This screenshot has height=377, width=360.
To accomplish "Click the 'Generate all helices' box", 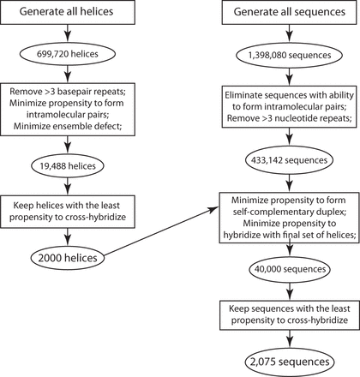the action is click(68, 12).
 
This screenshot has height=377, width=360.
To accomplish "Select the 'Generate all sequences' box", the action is click(290, 12).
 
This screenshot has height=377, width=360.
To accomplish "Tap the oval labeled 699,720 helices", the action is click(68, 54).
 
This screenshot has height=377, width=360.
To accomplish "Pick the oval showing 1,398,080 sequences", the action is click(290, 55).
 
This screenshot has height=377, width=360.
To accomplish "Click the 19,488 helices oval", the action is click(68, 166).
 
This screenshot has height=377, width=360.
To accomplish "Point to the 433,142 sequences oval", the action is click(290, 160).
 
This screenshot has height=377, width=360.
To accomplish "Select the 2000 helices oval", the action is click(68, 258).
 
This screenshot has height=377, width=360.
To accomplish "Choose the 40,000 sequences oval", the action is click(290, 269).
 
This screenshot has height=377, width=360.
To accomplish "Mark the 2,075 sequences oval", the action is click(290, 362).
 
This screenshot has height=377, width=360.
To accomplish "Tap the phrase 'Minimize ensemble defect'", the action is click(68, 126).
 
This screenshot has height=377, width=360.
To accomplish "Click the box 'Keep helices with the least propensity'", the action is click(68, 212).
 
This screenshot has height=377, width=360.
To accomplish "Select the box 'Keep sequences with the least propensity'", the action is click(290, 314).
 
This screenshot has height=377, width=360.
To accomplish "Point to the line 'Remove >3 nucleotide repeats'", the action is click(289, 118).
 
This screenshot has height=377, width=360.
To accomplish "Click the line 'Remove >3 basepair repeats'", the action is click(68, 92).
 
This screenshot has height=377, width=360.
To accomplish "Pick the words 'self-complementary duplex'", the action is click(290, 212).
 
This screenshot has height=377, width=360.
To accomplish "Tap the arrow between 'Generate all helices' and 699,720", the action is click(68, 33).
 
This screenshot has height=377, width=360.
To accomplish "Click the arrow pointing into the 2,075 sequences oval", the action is click(290, 339).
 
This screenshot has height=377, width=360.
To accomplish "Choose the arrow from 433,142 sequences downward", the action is click(290, 181).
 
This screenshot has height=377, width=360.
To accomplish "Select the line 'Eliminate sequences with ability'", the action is click(289, 95).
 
